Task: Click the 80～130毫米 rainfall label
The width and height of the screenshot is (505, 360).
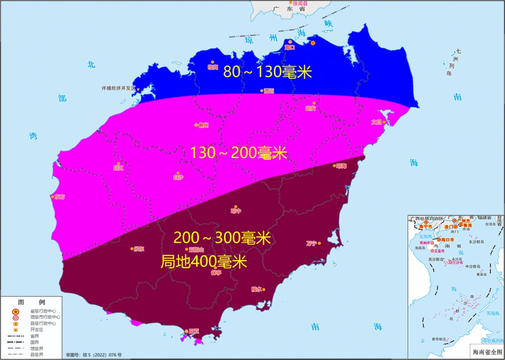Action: (267, 72)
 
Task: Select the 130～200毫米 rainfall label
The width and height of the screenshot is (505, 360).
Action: (238, 153)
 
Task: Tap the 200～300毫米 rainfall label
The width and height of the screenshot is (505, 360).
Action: (222, 238)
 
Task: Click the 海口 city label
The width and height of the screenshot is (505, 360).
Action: (290, 47)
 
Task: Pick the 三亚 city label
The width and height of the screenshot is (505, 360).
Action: (194, 331)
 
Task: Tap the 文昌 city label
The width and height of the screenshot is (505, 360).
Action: (376, 122)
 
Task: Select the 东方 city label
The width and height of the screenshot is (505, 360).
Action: (60, 197)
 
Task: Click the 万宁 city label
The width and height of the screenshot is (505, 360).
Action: (311, 243)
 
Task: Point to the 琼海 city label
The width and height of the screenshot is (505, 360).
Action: (341, 166)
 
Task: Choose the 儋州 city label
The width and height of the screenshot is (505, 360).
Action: (203, 125)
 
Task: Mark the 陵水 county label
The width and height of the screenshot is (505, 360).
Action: (257, 289)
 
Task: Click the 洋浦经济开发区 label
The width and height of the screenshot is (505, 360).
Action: (118, 88)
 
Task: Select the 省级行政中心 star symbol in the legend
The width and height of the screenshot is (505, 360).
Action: (15, 311)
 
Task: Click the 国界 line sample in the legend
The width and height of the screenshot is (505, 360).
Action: (15, 342)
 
